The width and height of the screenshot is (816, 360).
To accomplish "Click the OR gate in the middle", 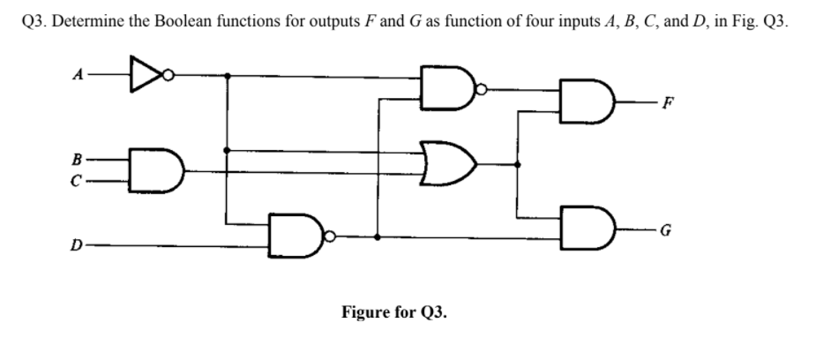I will tap(450, 163).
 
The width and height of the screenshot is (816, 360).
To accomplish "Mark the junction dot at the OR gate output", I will tap(518, 163).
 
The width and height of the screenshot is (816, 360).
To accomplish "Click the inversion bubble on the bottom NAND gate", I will tap(329, 236).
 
